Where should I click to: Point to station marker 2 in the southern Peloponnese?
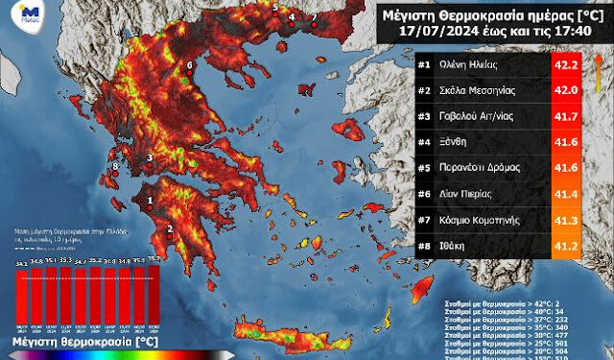click(170, 228)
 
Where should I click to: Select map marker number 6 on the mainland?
click(189, 65)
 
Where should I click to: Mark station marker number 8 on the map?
click(116, 167)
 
